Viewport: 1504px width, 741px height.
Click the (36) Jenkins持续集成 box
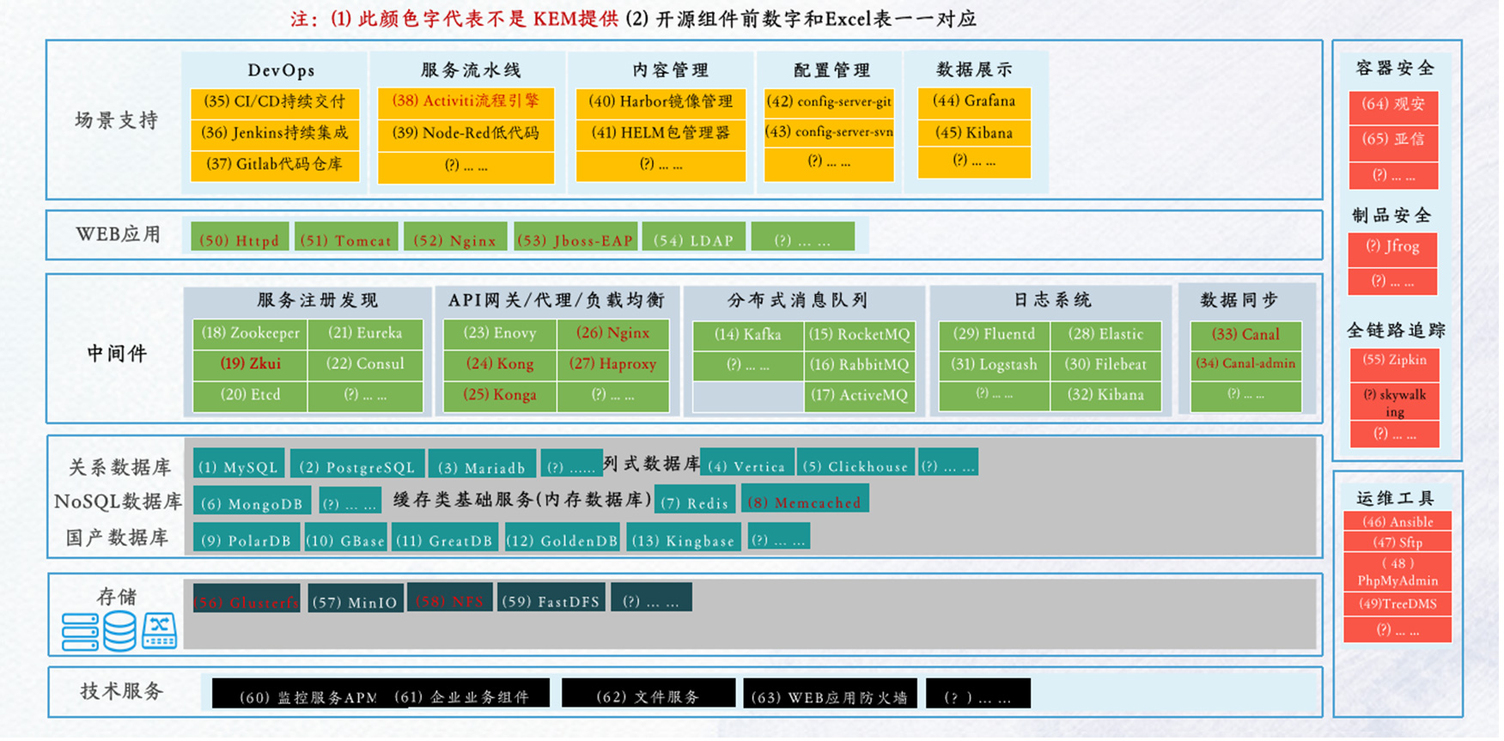[275, 133]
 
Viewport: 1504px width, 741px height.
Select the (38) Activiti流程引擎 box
[466, 101]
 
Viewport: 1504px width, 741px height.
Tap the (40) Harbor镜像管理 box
[661, 101]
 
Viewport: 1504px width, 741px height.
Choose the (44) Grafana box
[974, 101]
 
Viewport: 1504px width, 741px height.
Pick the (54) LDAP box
[693, 240]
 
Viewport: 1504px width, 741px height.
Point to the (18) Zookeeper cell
[250, 333]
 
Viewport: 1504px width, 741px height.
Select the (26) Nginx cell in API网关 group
[612, 333]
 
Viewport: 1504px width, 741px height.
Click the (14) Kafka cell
[747, 335]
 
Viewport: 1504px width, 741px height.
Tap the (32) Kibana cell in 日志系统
[1105, 395]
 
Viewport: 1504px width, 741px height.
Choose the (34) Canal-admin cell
[1245, 364]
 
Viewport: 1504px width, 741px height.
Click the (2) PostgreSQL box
[356, 466]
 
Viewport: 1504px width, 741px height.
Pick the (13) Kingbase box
[683, 540]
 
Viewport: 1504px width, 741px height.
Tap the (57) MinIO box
[354, 601]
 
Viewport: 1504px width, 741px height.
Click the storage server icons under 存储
[119, 631]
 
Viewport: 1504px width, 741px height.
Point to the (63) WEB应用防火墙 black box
[829, 696]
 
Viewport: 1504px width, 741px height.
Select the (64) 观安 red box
[1392, 105]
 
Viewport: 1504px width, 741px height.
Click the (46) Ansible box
[1397, 522]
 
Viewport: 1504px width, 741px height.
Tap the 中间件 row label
[117, 353]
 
